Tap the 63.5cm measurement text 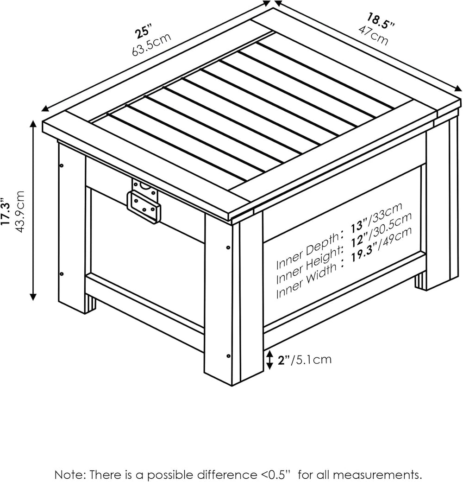[151, 44]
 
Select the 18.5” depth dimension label [380, 20]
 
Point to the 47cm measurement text [373, 35]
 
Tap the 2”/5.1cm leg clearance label [305, 359]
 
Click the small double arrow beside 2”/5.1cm [269, 360]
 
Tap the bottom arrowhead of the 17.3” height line [33, 297]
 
